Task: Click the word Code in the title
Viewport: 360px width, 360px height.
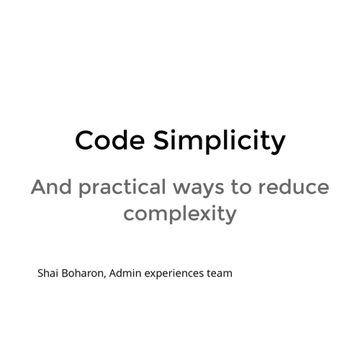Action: pyautogui.click(x=106, y=140)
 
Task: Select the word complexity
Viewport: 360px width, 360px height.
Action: pyautogui.click(x=180, y=215)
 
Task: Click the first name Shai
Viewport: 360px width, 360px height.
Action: pyautogui.click(x=48, y=274)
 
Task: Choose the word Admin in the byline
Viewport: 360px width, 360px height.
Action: pyautogui.click(x=126, y=274)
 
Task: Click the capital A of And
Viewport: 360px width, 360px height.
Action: pyautogui.click(x=39, y=188)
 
